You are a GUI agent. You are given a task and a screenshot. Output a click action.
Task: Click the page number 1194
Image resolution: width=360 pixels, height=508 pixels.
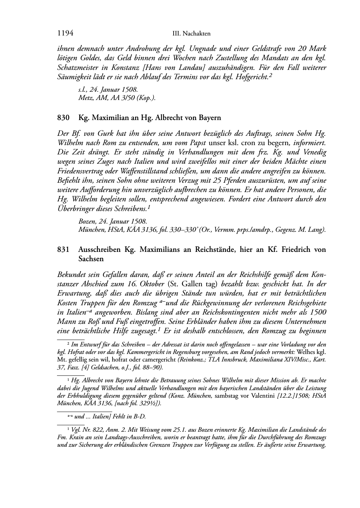(x=65, y=33)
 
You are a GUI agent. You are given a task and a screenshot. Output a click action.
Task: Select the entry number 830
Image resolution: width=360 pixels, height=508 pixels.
(x=63, y=118)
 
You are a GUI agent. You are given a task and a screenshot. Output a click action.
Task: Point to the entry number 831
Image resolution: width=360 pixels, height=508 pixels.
(x=63, y=249)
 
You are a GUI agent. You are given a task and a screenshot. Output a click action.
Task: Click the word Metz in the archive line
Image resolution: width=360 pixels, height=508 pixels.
(x=85, y=98)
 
